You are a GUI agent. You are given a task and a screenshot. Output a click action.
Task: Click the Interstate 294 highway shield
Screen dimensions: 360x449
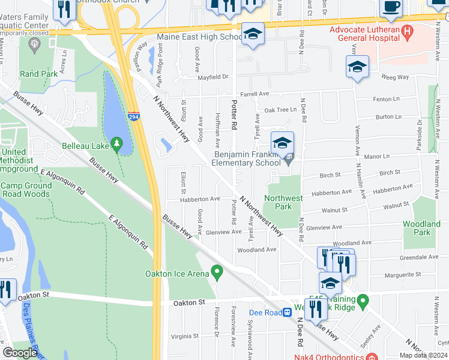137,119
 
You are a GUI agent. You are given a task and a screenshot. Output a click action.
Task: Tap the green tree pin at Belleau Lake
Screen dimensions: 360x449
117,145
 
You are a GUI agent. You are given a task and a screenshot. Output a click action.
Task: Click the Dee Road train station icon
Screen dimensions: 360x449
288,313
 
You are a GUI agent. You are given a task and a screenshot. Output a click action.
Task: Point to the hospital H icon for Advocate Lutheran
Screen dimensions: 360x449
408,30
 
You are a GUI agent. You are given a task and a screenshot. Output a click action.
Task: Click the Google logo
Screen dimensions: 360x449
20,353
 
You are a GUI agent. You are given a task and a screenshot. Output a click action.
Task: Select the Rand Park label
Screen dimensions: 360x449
38,74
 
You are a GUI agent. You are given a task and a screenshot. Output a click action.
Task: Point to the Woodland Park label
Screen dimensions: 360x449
421,228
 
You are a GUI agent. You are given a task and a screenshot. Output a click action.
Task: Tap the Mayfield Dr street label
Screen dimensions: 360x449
214,77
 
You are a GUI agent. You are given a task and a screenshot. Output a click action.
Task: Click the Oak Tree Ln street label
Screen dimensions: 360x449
280,110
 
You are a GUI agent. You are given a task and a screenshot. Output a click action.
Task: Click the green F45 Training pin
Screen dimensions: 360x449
362,299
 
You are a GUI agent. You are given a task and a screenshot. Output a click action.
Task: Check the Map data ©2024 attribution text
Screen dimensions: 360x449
423,355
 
